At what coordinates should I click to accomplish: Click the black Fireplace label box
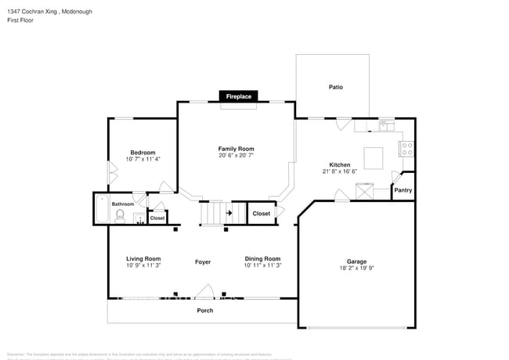(x=239, y=96)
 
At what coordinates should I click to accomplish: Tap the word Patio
(x=335, y=87)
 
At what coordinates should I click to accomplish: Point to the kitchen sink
(x=384, y=124)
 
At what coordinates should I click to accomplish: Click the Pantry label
(x=403, y=190)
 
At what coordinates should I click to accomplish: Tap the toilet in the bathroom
(x=120, y=218)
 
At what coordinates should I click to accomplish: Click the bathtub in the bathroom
(x=101, y=210)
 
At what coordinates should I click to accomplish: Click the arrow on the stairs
(x=229, y=212)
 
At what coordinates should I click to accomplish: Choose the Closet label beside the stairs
(x=261, y=213)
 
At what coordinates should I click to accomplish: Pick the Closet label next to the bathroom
(x=157, y=218)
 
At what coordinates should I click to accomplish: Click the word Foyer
(x=203, y=262)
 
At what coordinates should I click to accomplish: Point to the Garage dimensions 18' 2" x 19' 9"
(x=356, y=269)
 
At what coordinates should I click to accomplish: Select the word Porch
(x=204, y=311)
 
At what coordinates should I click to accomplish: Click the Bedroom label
(x=143, y=153)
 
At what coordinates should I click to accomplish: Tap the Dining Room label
(x=262, y=258)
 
